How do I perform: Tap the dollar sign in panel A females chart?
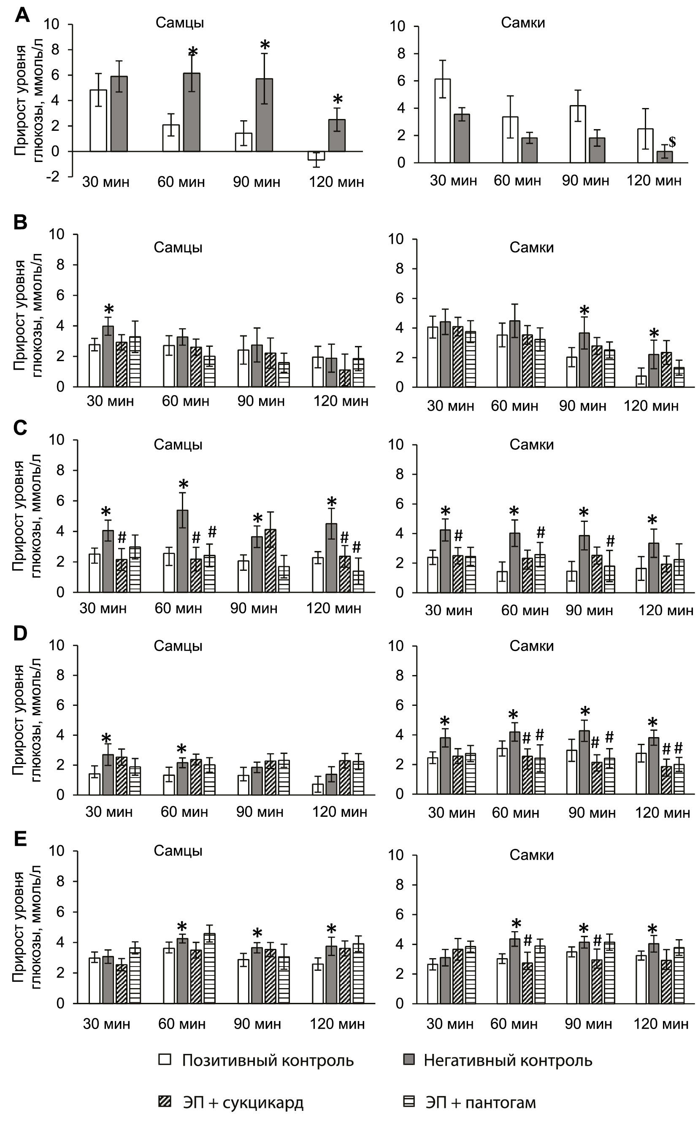click(672, 142)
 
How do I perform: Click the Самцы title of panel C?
click(178, 444)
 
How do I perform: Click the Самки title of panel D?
click(531, 646)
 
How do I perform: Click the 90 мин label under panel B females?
click(583, 406)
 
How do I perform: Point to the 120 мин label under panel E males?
click(338, 1024)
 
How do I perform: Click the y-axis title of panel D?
click(27, 720)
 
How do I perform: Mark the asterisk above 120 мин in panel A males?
click(338, 99)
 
